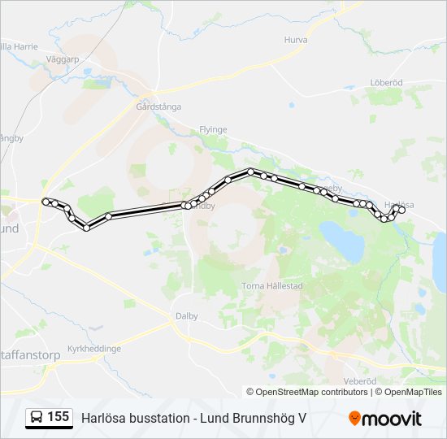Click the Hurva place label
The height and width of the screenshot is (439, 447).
coord(296,39)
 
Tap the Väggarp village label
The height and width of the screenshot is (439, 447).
coord(63,59)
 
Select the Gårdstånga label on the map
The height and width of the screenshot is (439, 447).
coord(158,106)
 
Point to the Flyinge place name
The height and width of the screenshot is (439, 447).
coord(213,129)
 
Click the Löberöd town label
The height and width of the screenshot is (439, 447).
coord(386,82)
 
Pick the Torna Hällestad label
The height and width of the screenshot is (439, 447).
coord(272,285)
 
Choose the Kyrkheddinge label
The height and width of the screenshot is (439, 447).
coord(94,348)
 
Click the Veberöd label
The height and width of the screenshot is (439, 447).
coord(360,380)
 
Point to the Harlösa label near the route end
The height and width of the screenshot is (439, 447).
coord(398,204)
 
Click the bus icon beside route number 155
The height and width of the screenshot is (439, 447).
coord(37,417)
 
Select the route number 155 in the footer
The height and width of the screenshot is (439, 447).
coord(58,417)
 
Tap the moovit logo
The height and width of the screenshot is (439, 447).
coord(385,418)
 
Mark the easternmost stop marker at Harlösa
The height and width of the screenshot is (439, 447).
coord(401,210)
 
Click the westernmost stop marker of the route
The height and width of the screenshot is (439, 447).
coord(46,201)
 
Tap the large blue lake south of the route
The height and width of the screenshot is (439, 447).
coord(345,241)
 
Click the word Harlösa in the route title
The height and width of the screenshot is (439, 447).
coord(100,418)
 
